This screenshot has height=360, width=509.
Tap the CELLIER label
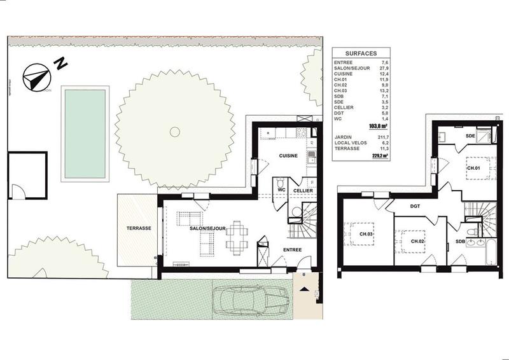click(302, 190)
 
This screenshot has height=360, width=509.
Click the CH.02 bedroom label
click(418, 241)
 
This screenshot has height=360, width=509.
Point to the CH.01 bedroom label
click(473, 169)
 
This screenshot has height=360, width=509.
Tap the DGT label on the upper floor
click(416, 206)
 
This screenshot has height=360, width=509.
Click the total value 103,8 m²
click(382, 127)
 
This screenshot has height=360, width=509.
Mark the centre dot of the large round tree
click(174, 132)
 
